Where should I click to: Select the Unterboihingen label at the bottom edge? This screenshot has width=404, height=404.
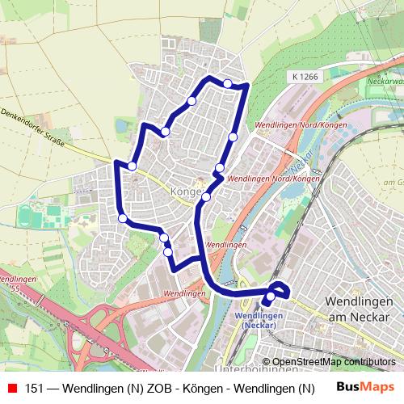[258, 369]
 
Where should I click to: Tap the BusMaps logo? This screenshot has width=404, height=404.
[366, 388]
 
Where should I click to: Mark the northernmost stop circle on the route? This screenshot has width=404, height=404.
[228, 83]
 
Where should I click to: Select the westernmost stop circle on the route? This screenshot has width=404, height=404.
[122, 217]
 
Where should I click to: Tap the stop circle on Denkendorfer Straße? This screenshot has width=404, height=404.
[132, 166]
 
